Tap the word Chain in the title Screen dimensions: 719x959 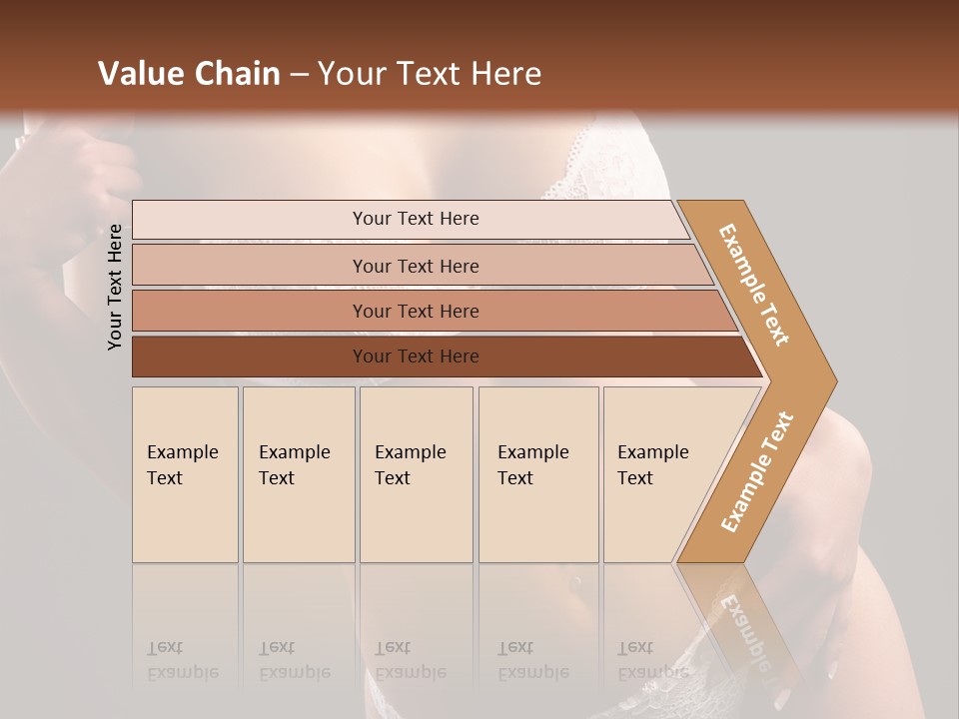(238, 74)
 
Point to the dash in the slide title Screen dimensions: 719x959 (299, 75)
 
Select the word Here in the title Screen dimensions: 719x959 (505, 74)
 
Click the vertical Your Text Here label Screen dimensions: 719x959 (115, 288)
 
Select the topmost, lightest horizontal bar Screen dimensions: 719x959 (415, 219)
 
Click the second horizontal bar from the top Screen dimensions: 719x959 (415, 266)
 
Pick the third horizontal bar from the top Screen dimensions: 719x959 (415, 311)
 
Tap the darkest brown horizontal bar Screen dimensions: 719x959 (415, 357)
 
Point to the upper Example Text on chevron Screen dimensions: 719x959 (754, 286)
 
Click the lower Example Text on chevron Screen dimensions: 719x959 (757, 472)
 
